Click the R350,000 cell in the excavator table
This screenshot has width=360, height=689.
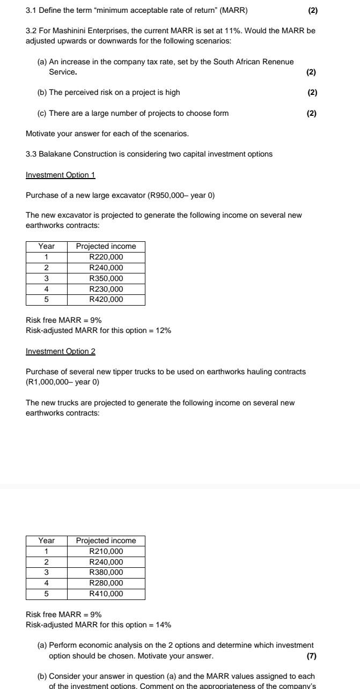click(x=106, y=278)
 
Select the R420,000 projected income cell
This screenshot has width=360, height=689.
click(x=106, y=299)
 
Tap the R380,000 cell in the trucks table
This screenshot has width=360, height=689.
click(x=106, y=572)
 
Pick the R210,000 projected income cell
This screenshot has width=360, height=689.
click(x=106, y=551)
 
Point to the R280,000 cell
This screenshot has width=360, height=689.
click(x=106, y=583)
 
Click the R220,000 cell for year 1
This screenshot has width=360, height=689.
click(x=106, y=257)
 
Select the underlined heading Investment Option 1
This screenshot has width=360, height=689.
click(x=60, y=175)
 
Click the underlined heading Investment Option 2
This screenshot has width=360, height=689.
click(x=60, y=351)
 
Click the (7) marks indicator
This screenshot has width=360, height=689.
click(x=311, y=656)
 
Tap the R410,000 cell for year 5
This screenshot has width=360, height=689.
click(x=106, y=594)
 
